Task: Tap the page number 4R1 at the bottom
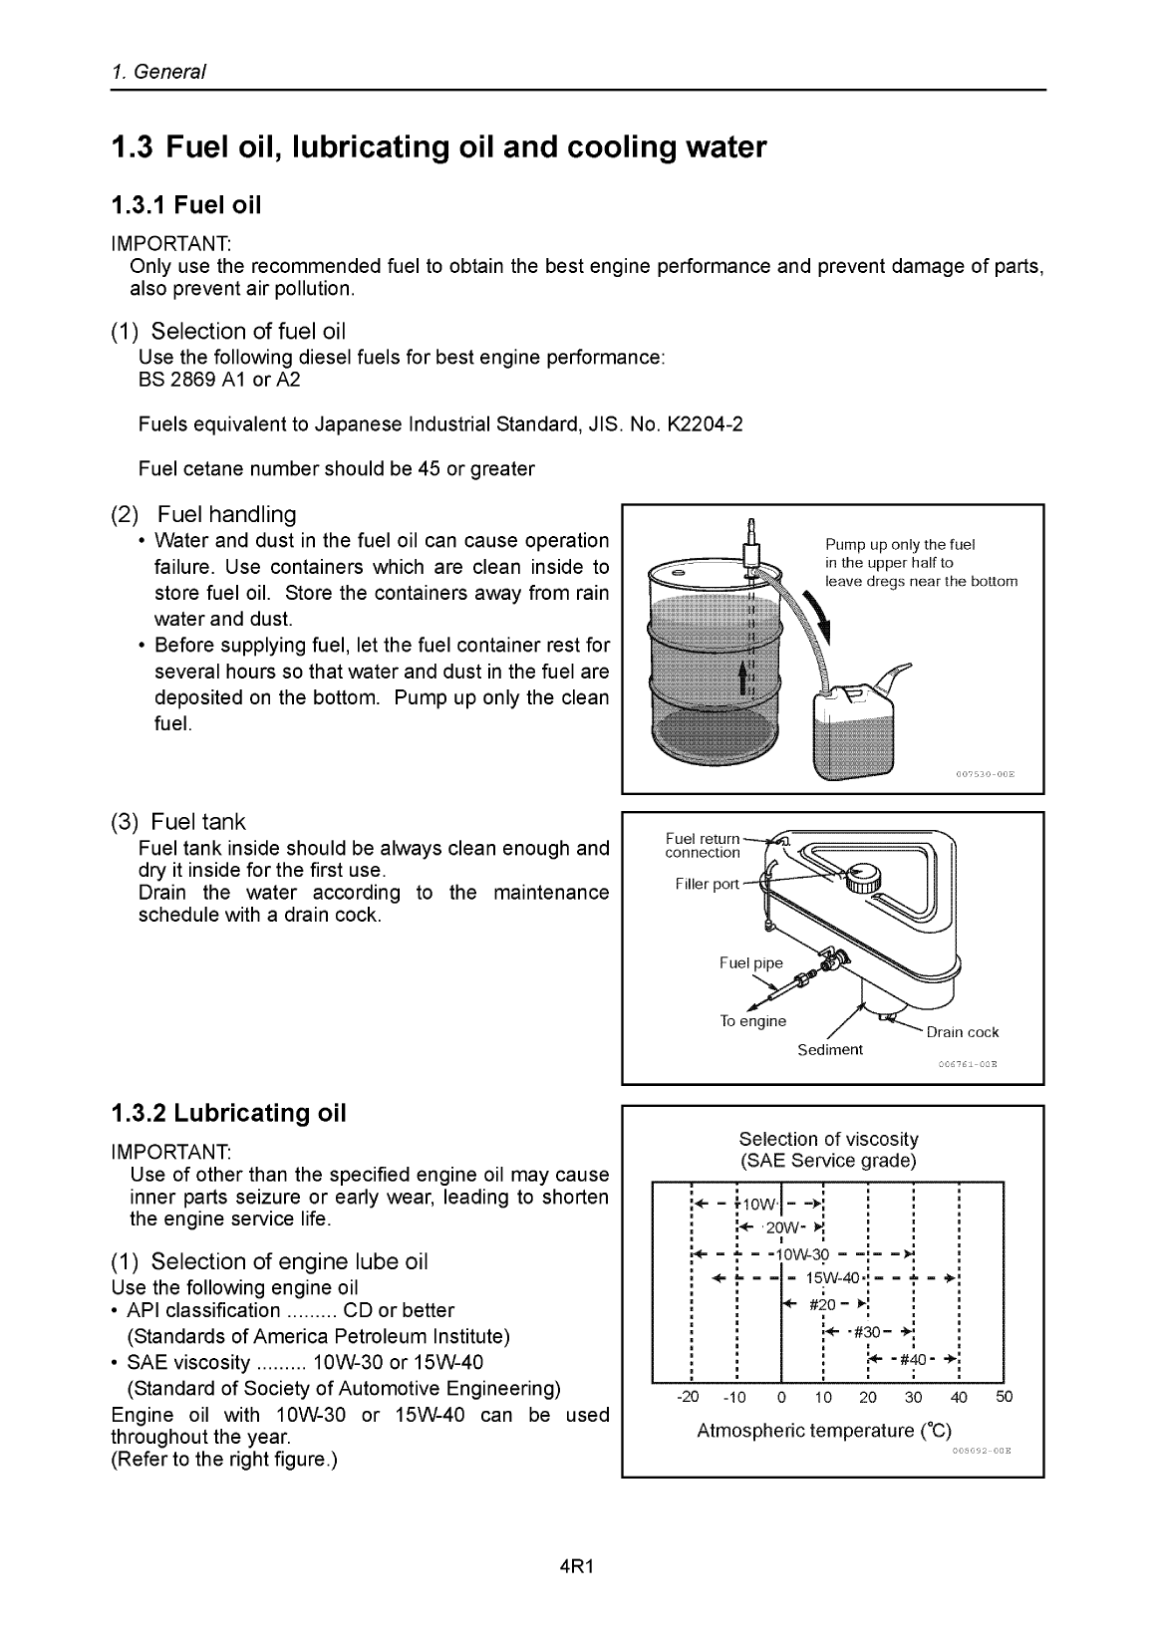pyautogui.click(x=577, y=1565)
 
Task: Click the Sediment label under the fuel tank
pyautogui.click(x=829, y=1050)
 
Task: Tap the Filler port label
pyautogui.click(x=707, y=885)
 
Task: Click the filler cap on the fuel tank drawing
pyautogui.click(x=860, y=878)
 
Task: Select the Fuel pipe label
pyautogui.click(x=750, y=962)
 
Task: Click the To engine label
pyautogui.click(x=752, y=1021)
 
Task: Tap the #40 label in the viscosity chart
pyautogui.click(x=913, y=1360)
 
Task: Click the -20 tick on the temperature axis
pyautogui.click(x=688, y=1397)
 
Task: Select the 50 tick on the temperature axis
pyautogui.click(x=1004, y=1397)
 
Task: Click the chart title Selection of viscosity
pyautogui.click(x=827, y=1139)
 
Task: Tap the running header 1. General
pyautogui.click(x=158, y=73)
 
